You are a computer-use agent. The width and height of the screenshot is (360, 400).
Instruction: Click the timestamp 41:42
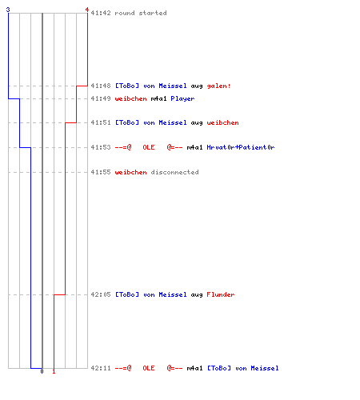[101, 13]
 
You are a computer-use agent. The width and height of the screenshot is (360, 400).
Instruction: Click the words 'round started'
[141, 13]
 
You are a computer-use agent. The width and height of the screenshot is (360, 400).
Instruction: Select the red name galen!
[218, 86]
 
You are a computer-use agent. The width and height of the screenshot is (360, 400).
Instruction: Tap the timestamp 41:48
[101, 86]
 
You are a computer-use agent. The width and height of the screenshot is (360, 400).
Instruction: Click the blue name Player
[182, 99]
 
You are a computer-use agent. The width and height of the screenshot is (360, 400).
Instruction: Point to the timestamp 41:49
[101, 98]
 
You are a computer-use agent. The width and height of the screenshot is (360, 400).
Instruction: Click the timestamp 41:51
[101, 122]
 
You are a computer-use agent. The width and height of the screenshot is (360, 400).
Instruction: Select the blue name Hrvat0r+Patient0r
[241, 147]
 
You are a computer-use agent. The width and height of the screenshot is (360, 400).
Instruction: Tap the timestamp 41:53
[101, 147]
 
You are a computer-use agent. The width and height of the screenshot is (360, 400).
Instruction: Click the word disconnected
[174, 172]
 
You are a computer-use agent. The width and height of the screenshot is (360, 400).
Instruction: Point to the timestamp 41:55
[101, 172]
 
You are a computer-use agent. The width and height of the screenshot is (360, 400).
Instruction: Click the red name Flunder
[221, 294]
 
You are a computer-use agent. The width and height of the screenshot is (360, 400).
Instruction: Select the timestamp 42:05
[101, 294]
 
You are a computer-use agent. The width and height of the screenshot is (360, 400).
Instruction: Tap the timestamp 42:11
[101, 368]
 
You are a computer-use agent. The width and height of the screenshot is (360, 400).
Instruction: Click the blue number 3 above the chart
[8, 10]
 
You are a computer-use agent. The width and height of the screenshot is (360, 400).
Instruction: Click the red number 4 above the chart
[87, 10]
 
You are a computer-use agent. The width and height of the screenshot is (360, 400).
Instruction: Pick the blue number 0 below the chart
[42, 371]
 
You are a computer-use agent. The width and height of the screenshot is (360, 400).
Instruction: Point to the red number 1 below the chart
[54, 371]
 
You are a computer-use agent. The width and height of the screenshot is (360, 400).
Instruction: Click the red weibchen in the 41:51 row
[222, 122]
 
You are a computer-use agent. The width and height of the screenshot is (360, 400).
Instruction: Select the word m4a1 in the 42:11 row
[194, 368]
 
